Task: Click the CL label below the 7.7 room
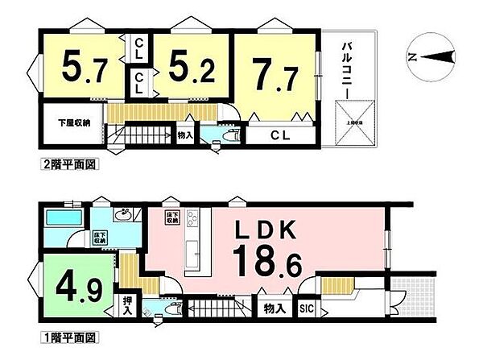point(280,134)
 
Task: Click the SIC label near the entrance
point(306,308)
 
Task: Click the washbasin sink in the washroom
point(124,215)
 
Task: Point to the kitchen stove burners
point(191,217)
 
